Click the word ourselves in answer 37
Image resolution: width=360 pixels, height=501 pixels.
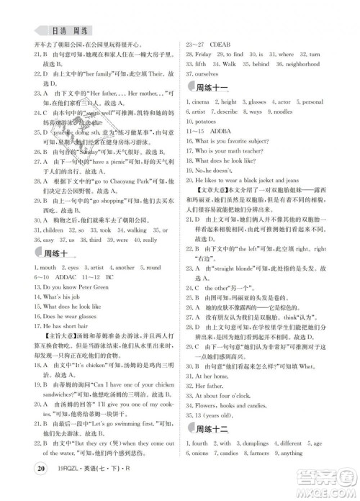(x=210, y=73)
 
